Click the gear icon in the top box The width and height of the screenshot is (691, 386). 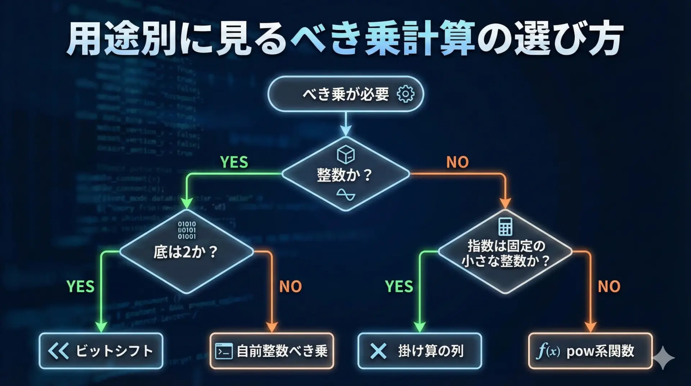coord(406,94)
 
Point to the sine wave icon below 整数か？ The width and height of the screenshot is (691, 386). coord(345,195)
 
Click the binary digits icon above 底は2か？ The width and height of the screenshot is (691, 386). coord(187,230)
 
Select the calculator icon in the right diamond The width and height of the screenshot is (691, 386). coord(505,226)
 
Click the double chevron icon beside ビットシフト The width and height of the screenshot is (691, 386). coord(58,351)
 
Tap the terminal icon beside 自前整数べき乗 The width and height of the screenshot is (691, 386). coord(223,351)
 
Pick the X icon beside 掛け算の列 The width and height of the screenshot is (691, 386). coord(378,351)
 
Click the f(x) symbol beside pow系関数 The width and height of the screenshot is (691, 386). coord(548,351)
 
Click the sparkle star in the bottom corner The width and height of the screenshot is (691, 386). coord(663,358)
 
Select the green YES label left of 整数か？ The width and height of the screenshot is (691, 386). coord(234,162)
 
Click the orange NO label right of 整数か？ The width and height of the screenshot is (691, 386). coord(457,162)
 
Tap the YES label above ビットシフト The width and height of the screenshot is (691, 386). coord(81,287)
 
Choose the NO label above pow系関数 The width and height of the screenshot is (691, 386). coord(609,287)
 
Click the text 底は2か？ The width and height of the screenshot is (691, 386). coord(185,252)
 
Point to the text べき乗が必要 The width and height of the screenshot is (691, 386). coord(346,94)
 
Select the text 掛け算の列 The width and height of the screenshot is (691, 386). coord(431,351)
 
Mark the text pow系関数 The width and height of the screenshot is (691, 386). coord(600,351)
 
